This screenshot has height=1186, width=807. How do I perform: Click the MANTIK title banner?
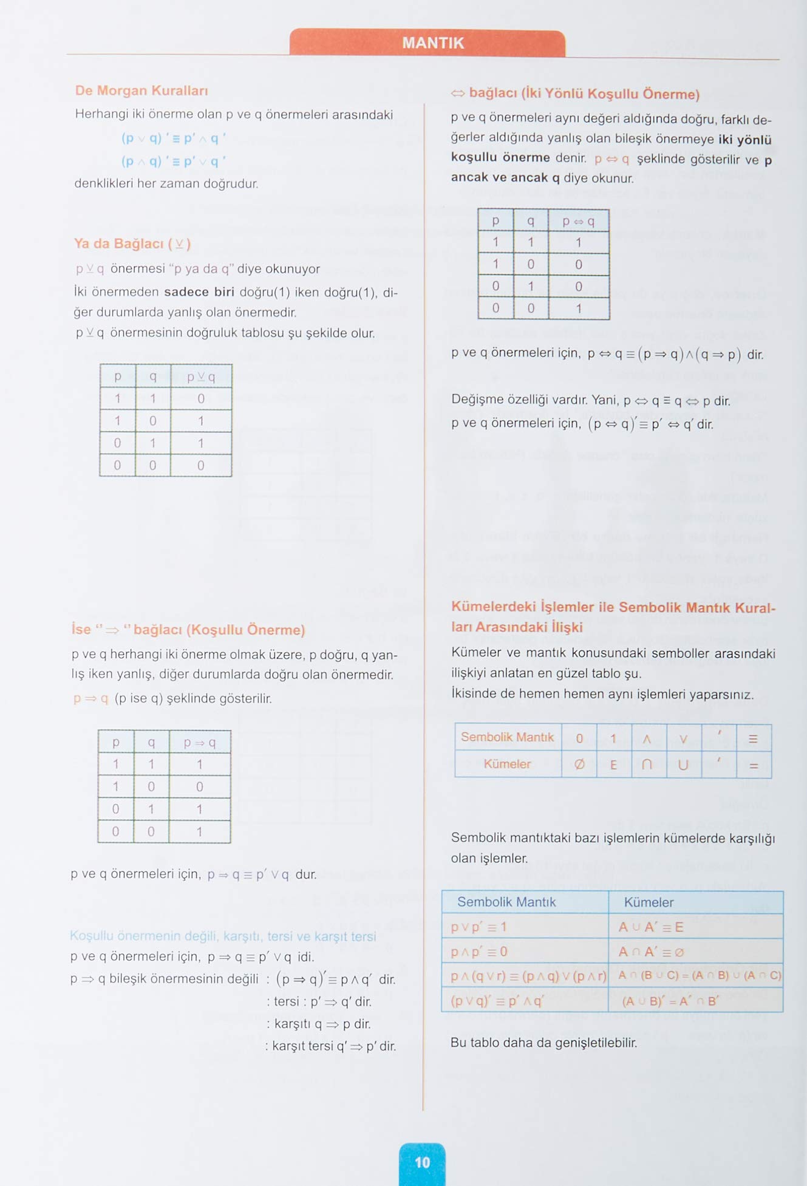432,43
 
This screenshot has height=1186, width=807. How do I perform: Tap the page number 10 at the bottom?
422,1162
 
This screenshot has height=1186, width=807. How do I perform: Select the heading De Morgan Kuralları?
141,90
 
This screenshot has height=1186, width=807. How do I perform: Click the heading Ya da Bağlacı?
132,244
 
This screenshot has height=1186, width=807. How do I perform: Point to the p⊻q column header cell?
201,377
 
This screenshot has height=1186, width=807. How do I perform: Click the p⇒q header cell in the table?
200,742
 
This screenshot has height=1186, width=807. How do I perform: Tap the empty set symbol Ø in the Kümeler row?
579,765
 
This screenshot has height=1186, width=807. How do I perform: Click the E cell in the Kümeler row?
613,765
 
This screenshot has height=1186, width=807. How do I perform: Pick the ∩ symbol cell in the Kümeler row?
647,765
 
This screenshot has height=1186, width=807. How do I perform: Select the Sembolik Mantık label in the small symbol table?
507,737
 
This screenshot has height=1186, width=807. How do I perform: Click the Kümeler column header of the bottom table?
649,902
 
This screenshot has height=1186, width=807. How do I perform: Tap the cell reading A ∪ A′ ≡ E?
650,927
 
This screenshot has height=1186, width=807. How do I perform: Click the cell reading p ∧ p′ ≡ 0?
479,952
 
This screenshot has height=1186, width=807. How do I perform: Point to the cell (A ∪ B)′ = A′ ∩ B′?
670,1001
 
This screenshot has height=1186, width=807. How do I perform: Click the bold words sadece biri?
199,292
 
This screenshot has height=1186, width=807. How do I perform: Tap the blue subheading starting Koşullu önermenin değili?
223,936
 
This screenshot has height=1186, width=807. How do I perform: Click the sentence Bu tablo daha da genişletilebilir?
543,1043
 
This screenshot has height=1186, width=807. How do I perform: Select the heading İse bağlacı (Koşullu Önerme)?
188,630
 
